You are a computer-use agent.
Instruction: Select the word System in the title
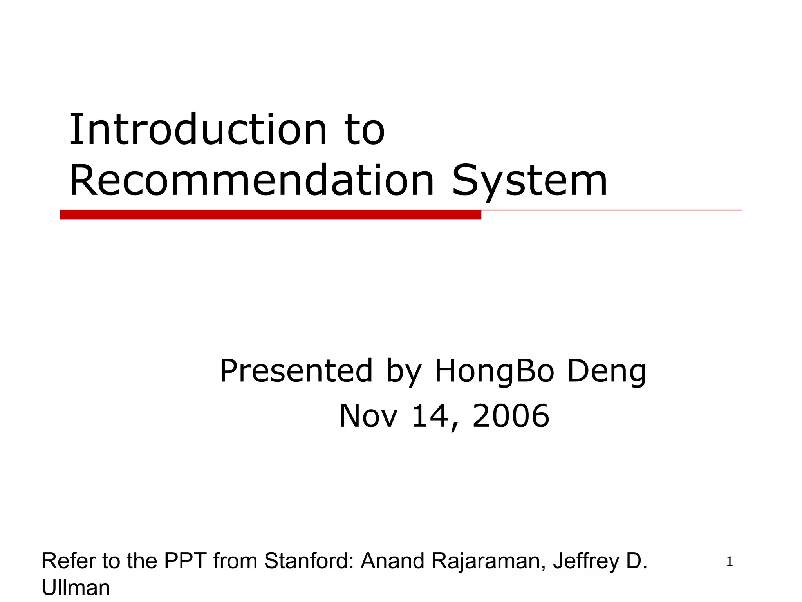click(x=529, y=181)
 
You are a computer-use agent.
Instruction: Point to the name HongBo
click(x=494, y=372)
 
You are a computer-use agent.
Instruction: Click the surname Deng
click(x=607, y=372)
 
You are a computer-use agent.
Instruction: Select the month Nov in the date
click(x=368, y=416)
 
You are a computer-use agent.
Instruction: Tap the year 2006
click(x=511, y=416)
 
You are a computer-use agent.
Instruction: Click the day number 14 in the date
click(x=430, y=416)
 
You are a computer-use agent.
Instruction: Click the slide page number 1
click(x=729, y=562)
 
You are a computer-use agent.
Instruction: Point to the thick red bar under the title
click(x=270, y=215)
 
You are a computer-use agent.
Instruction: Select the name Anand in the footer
click(x=392, y=561)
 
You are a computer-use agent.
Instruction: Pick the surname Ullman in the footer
click(x=76, y=588)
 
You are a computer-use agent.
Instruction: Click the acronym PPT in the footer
click(x=185, y=561)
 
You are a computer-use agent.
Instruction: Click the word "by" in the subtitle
click(x=404, y=372)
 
